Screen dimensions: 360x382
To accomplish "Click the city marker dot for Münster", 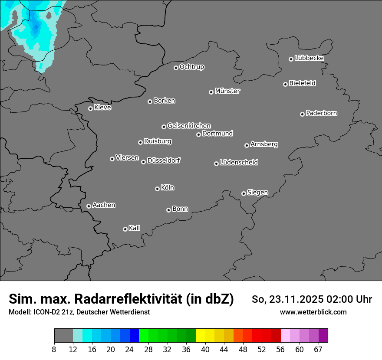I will point(211,92).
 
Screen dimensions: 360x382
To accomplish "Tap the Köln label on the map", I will point(168,188).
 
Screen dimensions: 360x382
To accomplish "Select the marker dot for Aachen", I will point(89,206).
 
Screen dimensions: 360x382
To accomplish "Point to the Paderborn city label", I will point(322,113).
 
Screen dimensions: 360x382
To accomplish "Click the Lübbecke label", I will point(310,58).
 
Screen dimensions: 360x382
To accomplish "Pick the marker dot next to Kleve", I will point(90,108).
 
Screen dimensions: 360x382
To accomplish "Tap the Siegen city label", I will point(257,193).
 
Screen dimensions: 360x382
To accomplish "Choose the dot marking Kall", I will point(125,229).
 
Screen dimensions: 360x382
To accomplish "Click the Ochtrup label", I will point(192,67).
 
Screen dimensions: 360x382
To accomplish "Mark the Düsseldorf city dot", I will point(143,162).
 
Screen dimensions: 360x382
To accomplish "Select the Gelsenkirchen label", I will point(189,126).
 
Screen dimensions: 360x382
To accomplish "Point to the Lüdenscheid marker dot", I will point(216,164).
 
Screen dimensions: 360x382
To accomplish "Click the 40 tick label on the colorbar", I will point(205,350).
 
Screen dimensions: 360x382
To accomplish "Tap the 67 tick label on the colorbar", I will point(318,350).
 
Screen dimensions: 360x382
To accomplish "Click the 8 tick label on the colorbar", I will point(54,350).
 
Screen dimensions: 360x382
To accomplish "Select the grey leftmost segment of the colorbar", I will point(63,336).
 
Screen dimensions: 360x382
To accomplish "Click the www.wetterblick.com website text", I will point(313,312).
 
